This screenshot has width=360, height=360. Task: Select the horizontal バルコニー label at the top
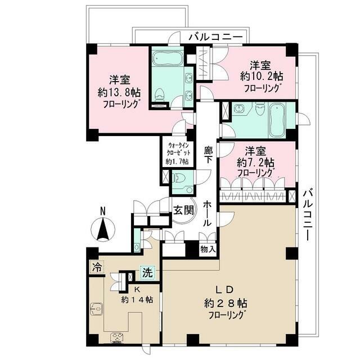(215, 37)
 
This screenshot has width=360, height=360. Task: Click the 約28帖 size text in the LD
(226, 304)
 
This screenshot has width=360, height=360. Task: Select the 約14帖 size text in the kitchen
(137, 299)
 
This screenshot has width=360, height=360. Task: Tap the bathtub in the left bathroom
(166, 58)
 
